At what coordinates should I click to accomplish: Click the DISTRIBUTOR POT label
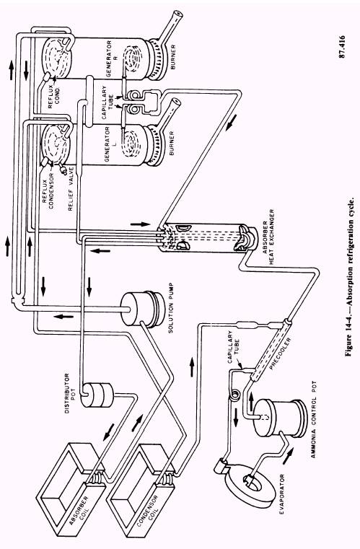70,393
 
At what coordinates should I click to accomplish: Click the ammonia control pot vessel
278,418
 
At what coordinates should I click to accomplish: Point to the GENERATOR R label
111,58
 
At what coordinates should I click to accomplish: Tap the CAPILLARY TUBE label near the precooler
234,346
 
